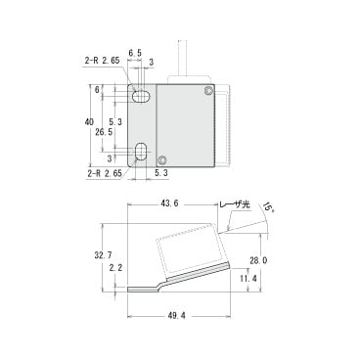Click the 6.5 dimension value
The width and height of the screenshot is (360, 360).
pyautogui.click(x=135, y=53)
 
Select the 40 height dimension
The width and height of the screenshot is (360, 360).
pyautogui.click(x=89, y=122)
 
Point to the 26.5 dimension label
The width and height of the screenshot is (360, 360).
pyautogui.click(x=104, y=132)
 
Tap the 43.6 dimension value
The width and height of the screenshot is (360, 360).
pyautogui.click(x=169, y=203)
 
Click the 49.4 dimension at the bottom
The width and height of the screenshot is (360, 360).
pyautogui.click(x=178, y=316)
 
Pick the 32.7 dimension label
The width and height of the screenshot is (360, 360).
pyautogui.click(x=101, y=256)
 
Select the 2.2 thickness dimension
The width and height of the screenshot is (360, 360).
pyautogui.click(x=115, y=268)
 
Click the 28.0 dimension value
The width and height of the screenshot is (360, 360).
pyautogui.click(x=259, y=260)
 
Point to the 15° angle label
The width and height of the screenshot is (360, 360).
pyautogui.click(x=268, y=207)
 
